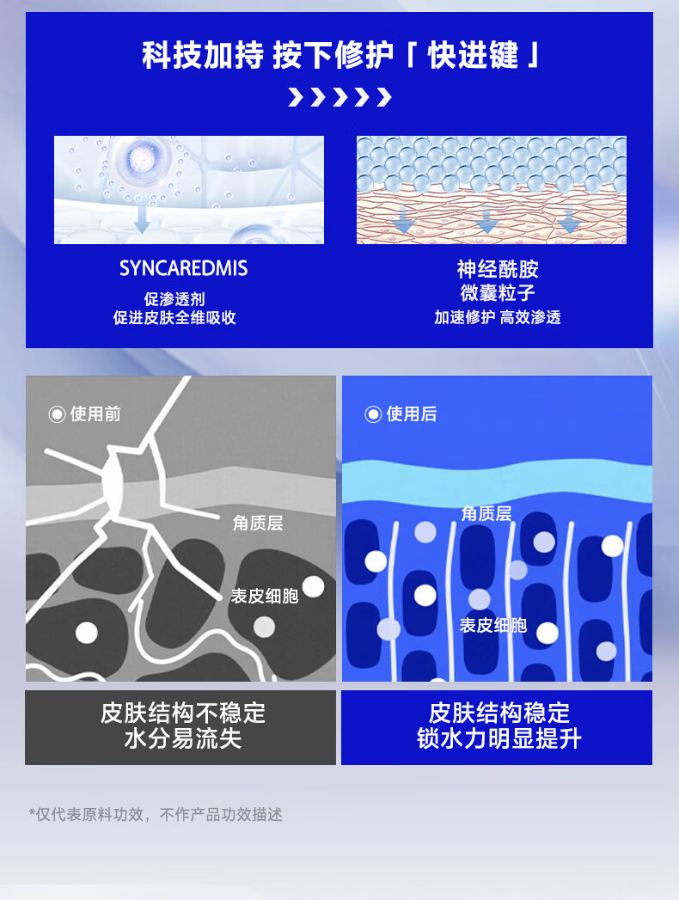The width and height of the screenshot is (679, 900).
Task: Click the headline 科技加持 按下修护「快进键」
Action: (x=339, y=56)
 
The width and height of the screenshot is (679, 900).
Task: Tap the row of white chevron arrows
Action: (x=339, y=97)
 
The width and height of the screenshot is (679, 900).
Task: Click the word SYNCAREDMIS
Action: (x=183, y=268)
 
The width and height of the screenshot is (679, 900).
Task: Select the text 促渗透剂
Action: (x=174, y=298)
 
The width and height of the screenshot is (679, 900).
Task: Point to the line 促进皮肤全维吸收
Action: (x=174, y=317)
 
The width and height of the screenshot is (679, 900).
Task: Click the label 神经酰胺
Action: (x=498, y=269)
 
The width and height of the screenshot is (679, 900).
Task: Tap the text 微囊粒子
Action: (x=498, y=292)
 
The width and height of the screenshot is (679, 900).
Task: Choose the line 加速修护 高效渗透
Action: (x=498, y=317)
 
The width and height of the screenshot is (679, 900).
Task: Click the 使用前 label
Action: (x=95, y=414)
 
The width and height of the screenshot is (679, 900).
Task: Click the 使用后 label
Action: (x=412, y=414)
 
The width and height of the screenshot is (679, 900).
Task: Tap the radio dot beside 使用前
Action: (x=58, y=414)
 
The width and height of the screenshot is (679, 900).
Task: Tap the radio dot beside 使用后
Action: (x=373, y=414)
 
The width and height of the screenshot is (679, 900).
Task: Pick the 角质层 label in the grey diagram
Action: (x=257, y=523)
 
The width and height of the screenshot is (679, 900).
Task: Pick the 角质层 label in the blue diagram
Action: (x=486, y=513)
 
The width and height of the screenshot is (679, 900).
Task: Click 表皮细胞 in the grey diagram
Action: (x=264, y=596)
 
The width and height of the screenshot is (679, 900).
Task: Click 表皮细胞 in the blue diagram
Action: (x=492, y=625)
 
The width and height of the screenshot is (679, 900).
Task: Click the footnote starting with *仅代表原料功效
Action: (x=156, y=814)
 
